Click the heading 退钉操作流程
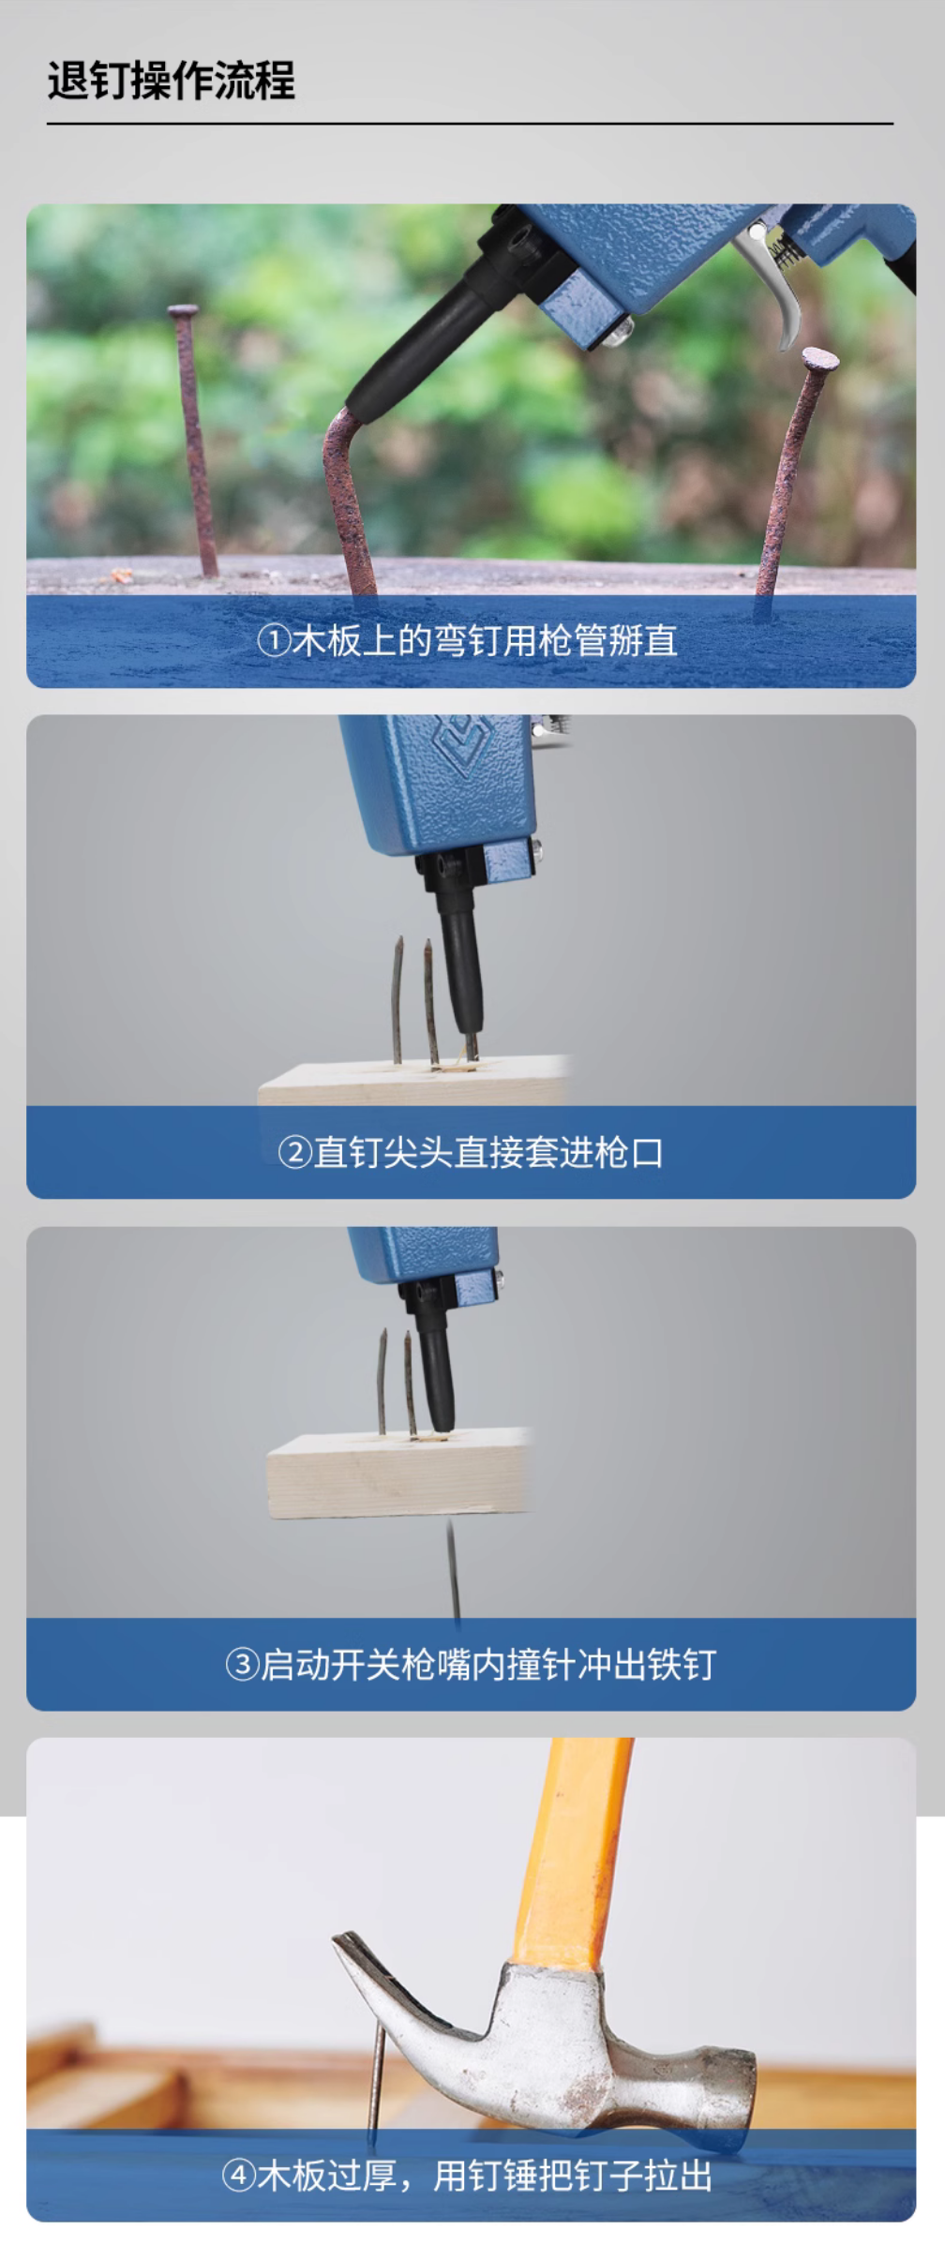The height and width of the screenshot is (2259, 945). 172,80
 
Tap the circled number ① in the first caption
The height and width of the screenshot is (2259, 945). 273,641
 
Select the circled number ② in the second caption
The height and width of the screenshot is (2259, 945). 294,1152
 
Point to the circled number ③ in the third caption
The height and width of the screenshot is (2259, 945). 242,1665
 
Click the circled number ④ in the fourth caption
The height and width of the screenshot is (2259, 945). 238,2176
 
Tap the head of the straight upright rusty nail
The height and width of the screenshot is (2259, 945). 183,309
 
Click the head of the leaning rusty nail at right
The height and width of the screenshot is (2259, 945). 820,358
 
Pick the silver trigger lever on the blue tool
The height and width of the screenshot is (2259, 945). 778,281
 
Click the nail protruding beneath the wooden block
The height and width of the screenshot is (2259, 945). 454,1571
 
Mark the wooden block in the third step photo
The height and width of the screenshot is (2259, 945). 398,1473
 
